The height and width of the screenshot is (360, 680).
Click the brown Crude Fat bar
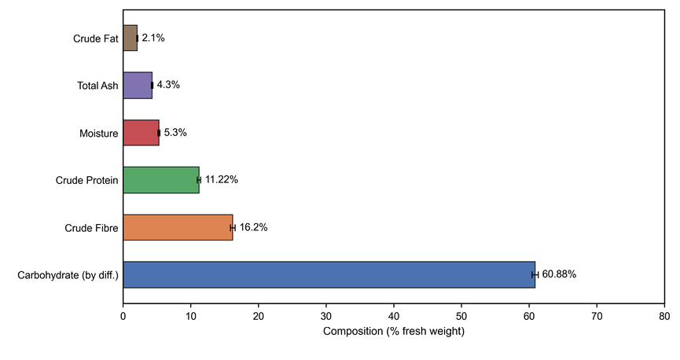tap(130, 39)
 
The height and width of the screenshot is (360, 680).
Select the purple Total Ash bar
tap(138, 86)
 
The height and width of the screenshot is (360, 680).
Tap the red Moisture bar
tap(141, 133)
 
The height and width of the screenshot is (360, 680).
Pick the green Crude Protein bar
tap(161, 180)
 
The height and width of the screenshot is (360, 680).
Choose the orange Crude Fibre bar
tap(178, 227)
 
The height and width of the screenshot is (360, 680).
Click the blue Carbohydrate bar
tap(329, 274)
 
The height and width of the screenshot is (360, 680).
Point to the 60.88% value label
tap(559, 274)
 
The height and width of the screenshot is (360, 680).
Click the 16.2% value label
tap(253, 227)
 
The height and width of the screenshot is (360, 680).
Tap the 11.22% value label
tap(222, 179)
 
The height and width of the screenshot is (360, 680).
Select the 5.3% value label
tap(175, 132)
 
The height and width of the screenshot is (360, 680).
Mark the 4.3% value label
tap(168, 85)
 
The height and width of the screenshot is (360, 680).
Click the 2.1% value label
tap(153, 38)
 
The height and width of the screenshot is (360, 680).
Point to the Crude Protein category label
tap(86, 181)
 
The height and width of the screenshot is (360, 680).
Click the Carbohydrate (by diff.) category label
tap(68, 275)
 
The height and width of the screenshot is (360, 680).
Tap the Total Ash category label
tap(97, 86)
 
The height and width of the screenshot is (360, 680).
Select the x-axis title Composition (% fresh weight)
tap(394, 332)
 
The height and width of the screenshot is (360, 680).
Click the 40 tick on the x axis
tap(394, 316)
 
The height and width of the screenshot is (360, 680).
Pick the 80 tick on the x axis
tap(664, 316)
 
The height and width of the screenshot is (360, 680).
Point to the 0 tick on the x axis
tap(123, 316)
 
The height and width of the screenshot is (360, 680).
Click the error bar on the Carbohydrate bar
tap(535, 274)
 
